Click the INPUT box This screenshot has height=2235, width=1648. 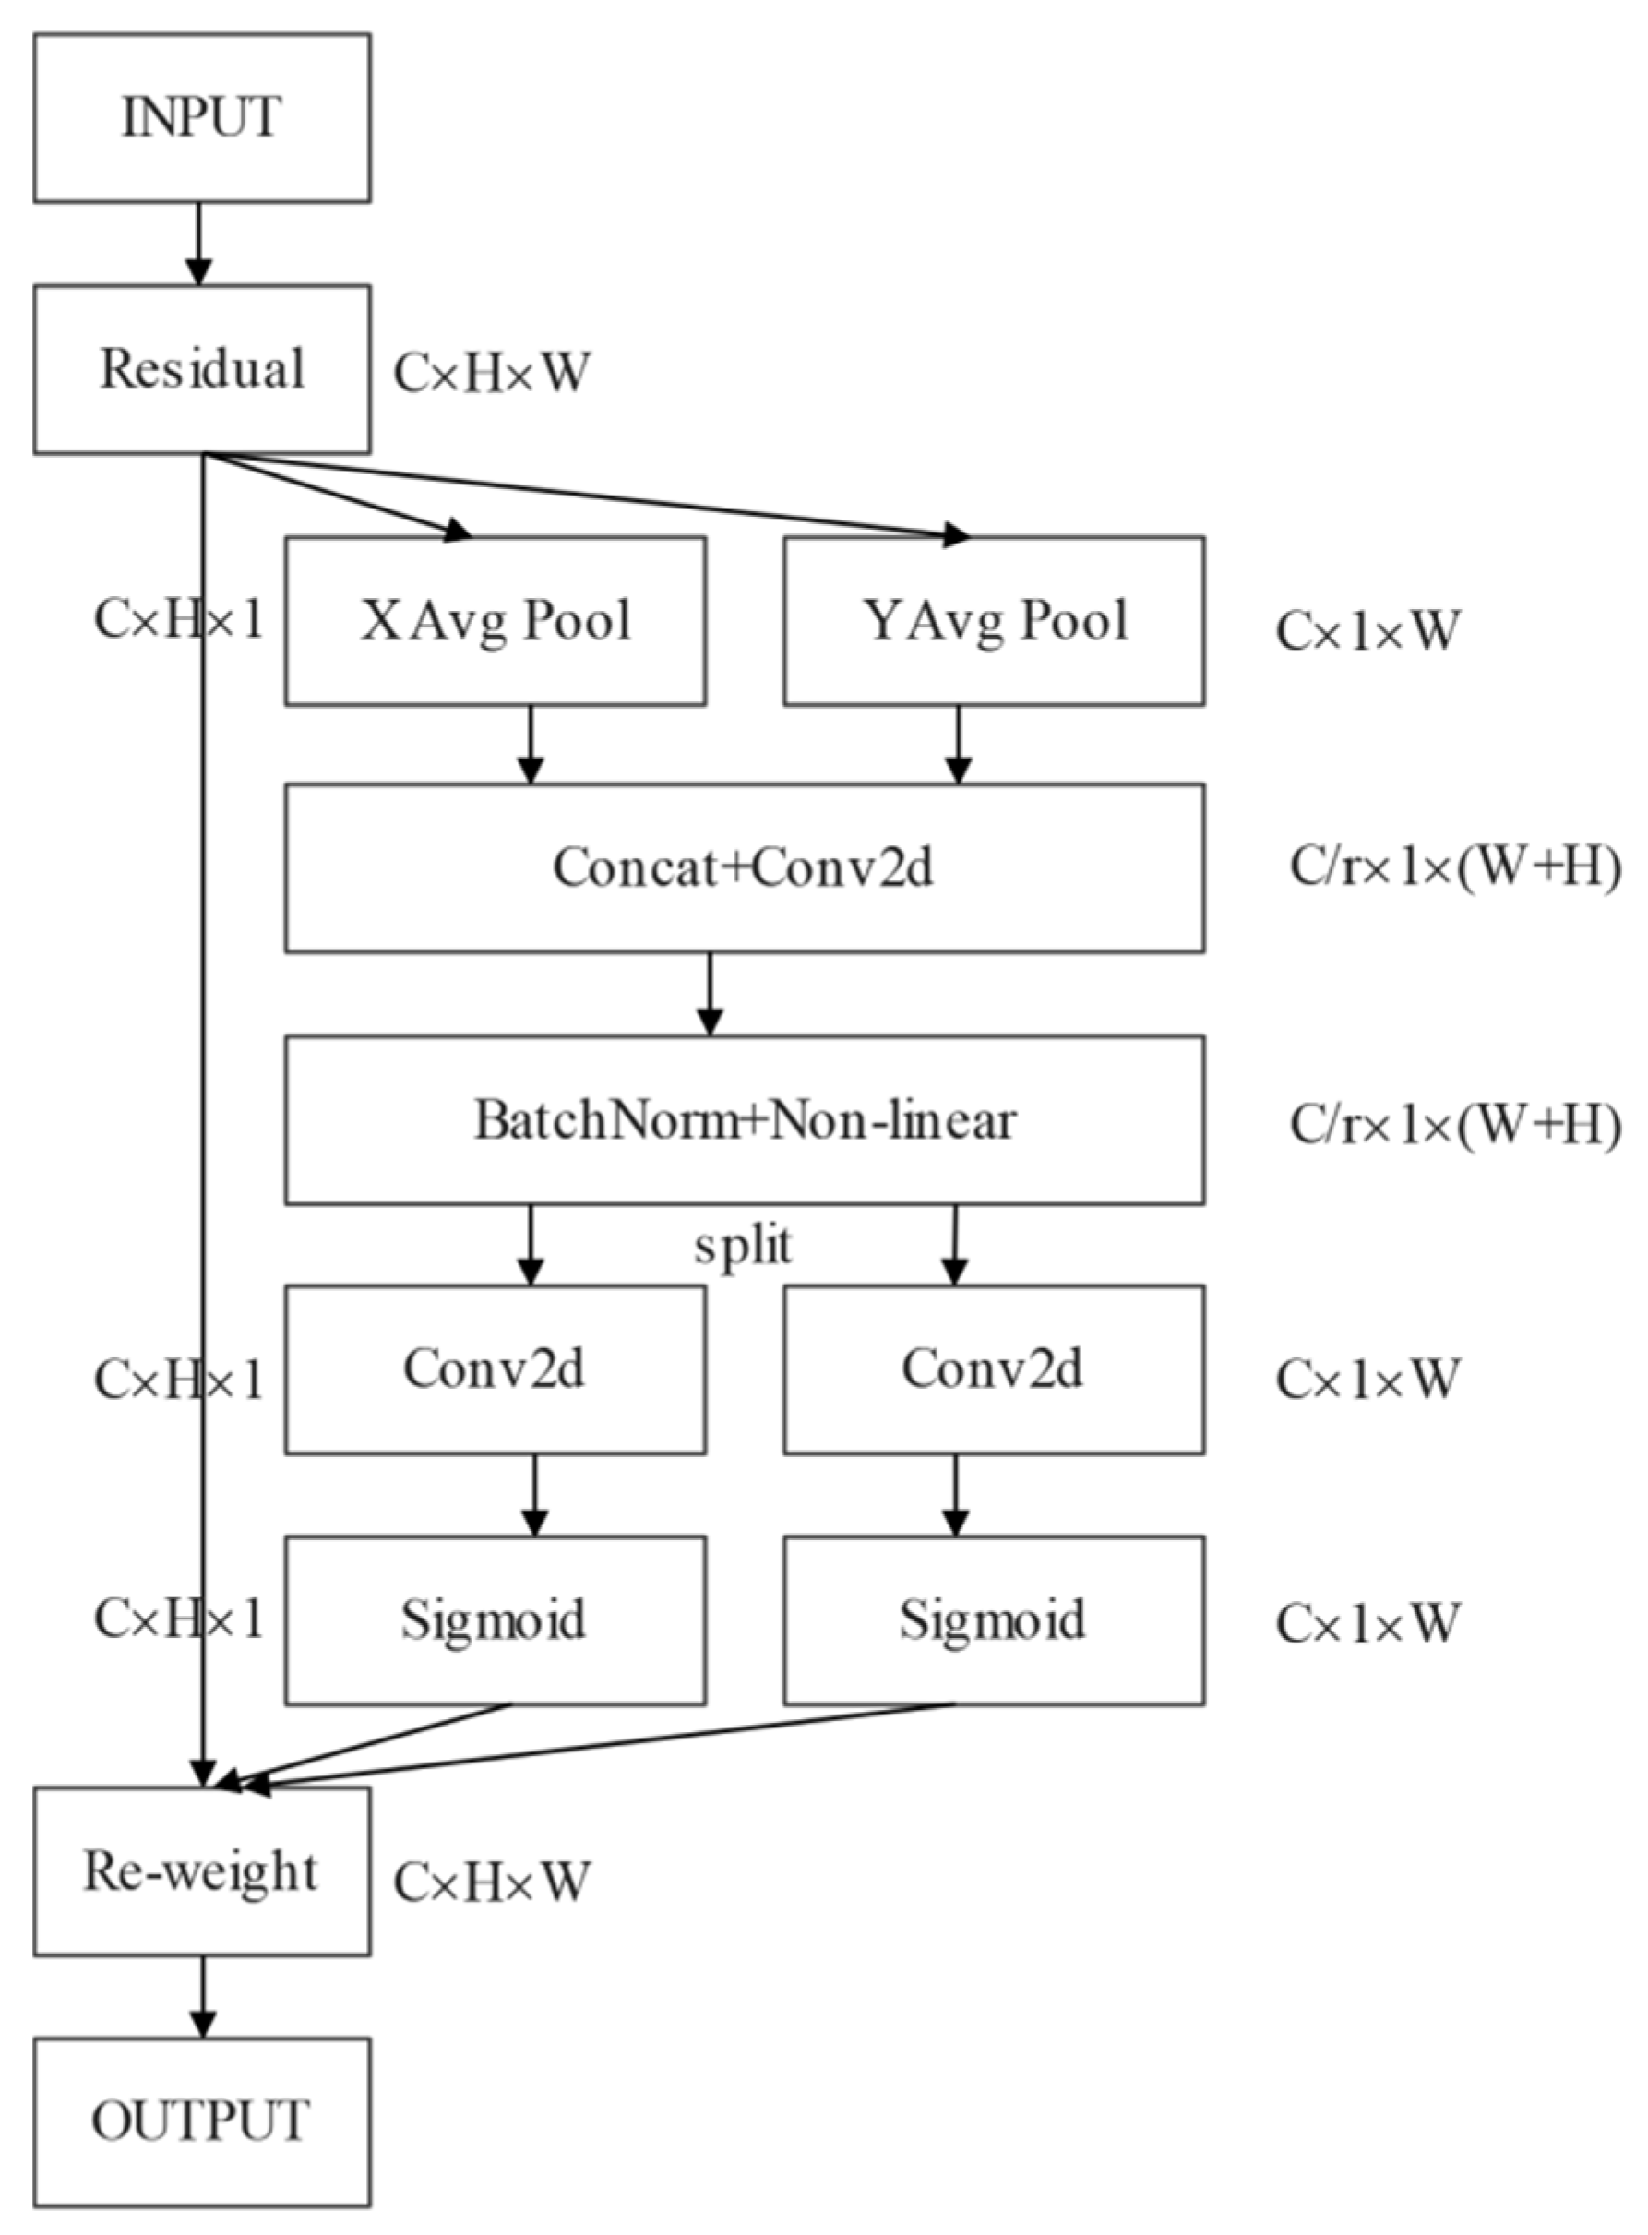(x=202, y=118)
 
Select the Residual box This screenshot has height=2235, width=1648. (x=202, y=369)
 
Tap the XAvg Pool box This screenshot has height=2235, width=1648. (x=496, y=621)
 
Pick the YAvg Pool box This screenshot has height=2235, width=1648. (x=994, y=621)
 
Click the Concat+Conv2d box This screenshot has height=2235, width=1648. (x=745, y=868)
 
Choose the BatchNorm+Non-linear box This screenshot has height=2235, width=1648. (x=745, y=1119)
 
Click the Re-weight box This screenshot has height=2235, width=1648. (x=202, y=1870)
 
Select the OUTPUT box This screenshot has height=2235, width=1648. (x=202, y=2122)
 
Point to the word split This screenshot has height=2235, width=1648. (x=745, y=1248)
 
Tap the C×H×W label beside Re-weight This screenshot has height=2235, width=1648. (x=492, y=1882)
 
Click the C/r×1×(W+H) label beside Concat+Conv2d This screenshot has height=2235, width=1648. (x=1454, y=868)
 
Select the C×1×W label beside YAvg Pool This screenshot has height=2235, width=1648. (x=1367, y=631)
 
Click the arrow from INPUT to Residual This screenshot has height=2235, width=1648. (x=199, y=245)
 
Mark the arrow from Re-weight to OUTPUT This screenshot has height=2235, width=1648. (x=202, y=1995)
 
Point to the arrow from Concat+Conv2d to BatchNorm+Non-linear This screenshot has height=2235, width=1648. (x=710, y=994)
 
